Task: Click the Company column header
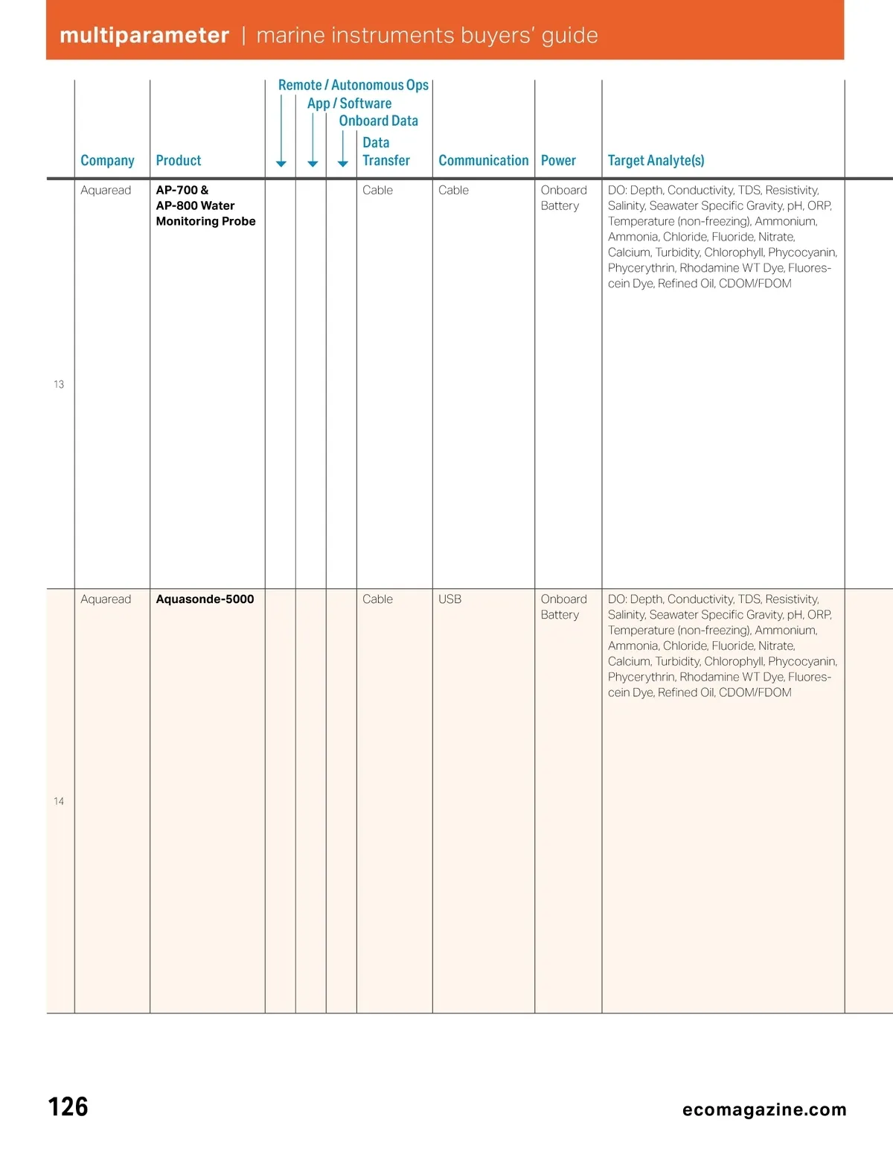pos(107,161)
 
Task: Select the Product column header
pos(179,161)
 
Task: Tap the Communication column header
pos(483,161)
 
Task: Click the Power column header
pos(558,161)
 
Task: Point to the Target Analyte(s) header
pos(656,161)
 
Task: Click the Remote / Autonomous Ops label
pos(353,86)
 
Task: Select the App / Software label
pos(349,103)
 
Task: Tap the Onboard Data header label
pos(378,121)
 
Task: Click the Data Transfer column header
pos(385,151)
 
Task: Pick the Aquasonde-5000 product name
pos(205,599)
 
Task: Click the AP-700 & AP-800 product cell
pos(205,205)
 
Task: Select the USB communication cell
pos(449,599)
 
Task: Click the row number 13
pos(59,384)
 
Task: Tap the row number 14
pos(59,801)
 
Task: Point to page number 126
pos(68,1106)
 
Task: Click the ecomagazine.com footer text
pos(764,1109)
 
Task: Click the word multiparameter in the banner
pos(144,36)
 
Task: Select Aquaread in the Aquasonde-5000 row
pos(106,599)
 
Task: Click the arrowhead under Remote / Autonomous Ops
pos(281,164)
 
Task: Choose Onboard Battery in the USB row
pos(563,607)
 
